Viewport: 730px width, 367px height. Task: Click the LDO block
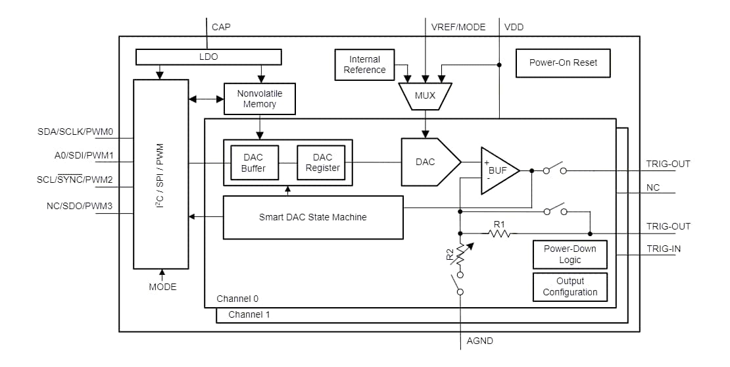(x=208, y=57)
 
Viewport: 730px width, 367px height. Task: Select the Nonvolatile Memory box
(x=259, y=99)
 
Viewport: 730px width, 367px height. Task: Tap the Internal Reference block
(x=364, y=64)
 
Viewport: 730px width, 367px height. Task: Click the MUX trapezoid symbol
(x=425, y=96)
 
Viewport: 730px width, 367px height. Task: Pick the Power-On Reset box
(x=563, y=63)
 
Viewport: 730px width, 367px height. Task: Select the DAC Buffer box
(x=253, y=162)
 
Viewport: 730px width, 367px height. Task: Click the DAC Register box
(x=322, y=162)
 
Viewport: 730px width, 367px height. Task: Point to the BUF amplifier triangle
(x=497, y=170)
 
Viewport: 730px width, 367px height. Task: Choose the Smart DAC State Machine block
(x=312, y=217)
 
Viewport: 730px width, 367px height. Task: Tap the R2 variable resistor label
(x=450, y=255)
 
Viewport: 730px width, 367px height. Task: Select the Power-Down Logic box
(x=570, y=255)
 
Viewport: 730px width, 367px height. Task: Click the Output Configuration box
(x=570, y=287)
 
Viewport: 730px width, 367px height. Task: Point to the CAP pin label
(x=221, y=27)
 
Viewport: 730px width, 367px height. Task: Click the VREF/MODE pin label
(x=458, y=27)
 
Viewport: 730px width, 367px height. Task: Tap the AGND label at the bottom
(x=479, y=341)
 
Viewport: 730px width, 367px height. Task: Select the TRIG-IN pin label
(x=663, y=249)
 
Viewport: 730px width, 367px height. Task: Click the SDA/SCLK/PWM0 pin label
(x=76, y=132)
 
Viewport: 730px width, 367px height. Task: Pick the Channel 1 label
(x=249, y=315)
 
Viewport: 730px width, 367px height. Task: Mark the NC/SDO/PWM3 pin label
(x=80, y=206)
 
